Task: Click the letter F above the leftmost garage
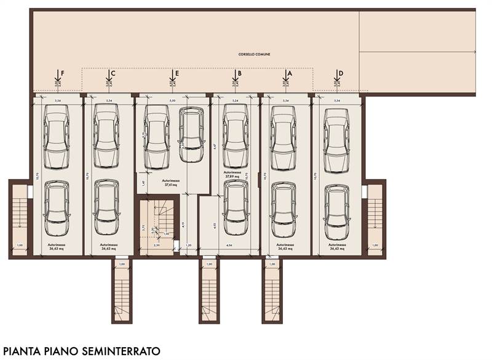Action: tap(62, 73)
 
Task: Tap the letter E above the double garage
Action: tap(177, 73)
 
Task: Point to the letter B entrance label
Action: tap(239, 73)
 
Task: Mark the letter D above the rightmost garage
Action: tap(341, 73)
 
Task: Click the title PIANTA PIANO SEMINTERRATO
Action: tap(81, 350)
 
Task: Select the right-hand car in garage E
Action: tap(191, 128)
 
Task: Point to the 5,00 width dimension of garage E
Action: tap(172, 100)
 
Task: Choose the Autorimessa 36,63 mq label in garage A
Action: tap(285, 247)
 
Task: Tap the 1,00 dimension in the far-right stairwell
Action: tap(375, 246)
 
